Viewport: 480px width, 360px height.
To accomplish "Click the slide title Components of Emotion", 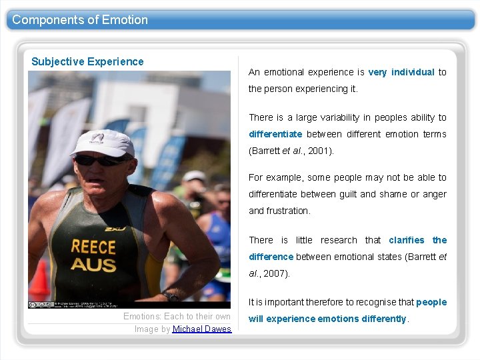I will [80, 19].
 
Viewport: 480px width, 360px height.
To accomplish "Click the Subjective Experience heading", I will [87, 61].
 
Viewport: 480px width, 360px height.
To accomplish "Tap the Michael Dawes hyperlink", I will [202, 329].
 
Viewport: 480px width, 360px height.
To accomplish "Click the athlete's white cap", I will [103, 141].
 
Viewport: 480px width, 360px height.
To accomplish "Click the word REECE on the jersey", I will [93, 247].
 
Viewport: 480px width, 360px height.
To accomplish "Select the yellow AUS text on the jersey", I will [93, 265].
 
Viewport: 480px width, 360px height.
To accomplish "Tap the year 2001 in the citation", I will [319, 151].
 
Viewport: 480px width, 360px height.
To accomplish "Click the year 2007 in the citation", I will [275, 273].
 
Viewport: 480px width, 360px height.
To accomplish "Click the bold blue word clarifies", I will [406, 240].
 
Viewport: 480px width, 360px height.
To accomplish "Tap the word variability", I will [336, 117].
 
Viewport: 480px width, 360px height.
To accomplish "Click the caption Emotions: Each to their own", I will [177, 317].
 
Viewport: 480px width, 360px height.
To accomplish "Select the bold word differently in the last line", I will [384, 319].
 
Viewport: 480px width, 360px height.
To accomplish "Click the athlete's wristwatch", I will [171, 297].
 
